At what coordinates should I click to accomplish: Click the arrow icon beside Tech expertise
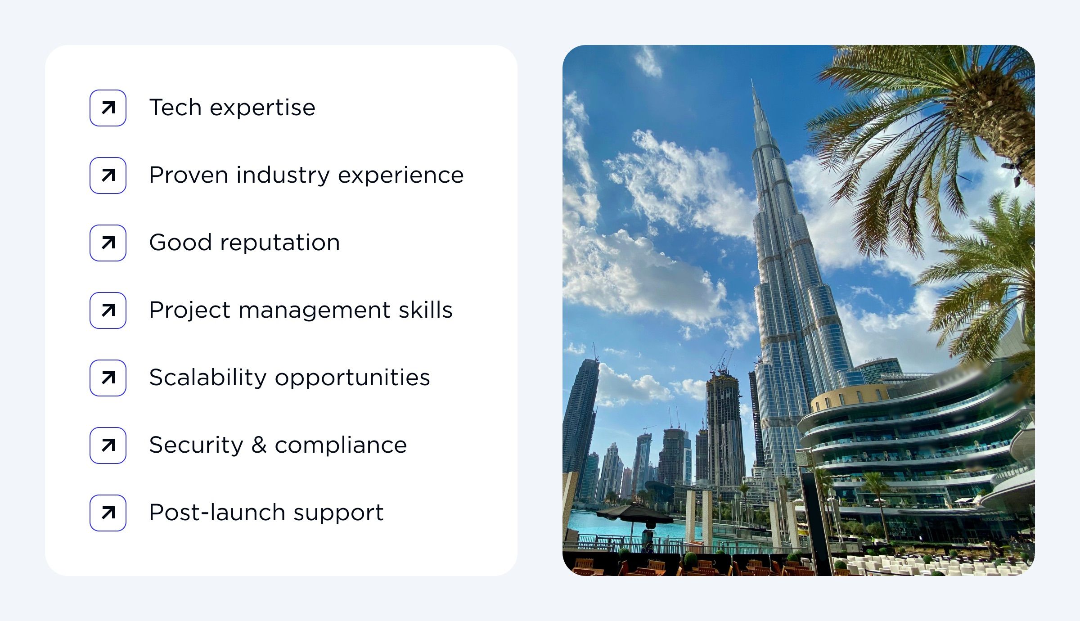(x=108, y=108)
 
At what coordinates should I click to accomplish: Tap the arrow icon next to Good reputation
(x=108, y=243)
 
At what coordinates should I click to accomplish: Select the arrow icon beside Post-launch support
(x=108, y=513)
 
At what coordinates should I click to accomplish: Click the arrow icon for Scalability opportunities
(x=108, y=378)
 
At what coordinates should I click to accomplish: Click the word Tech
(x=175, y=108)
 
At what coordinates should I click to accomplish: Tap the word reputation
(x=279, y=243)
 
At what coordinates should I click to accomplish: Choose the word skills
(x=425, y=310)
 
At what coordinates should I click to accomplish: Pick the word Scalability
(x=207, y=378)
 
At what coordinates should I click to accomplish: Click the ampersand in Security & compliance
(x=259, y=445)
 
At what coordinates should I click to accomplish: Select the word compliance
(x=341, y=445)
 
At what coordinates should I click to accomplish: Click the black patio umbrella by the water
(x=634, y=513)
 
